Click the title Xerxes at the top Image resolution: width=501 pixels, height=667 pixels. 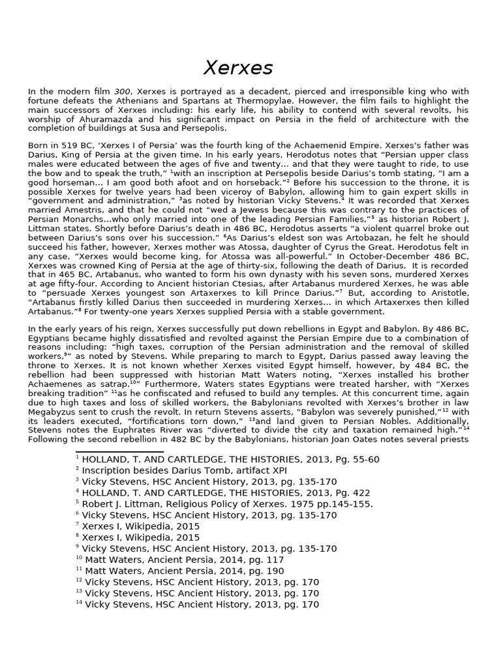coord(238,67)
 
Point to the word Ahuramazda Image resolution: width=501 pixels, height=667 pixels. coord(100,119)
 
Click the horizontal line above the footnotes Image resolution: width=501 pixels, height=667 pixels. coord(119,451)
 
